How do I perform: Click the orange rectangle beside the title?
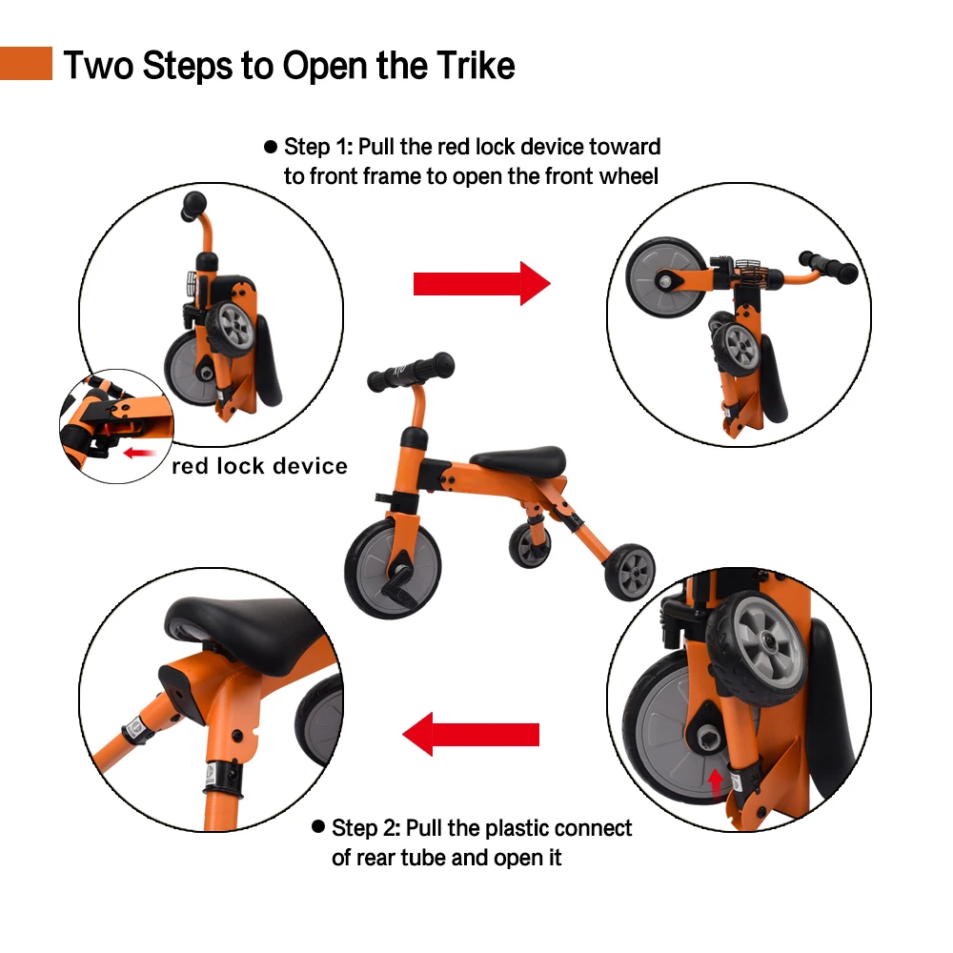[26, 64]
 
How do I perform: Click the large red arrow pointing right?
[481, 283]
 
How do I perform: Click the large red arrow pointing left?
[471, 734]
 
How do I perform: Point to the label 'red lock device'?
[259, 466]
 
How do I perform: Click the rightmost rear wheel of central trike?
[628, 574]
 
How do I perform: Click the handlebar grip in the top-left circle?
[193, 203]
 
